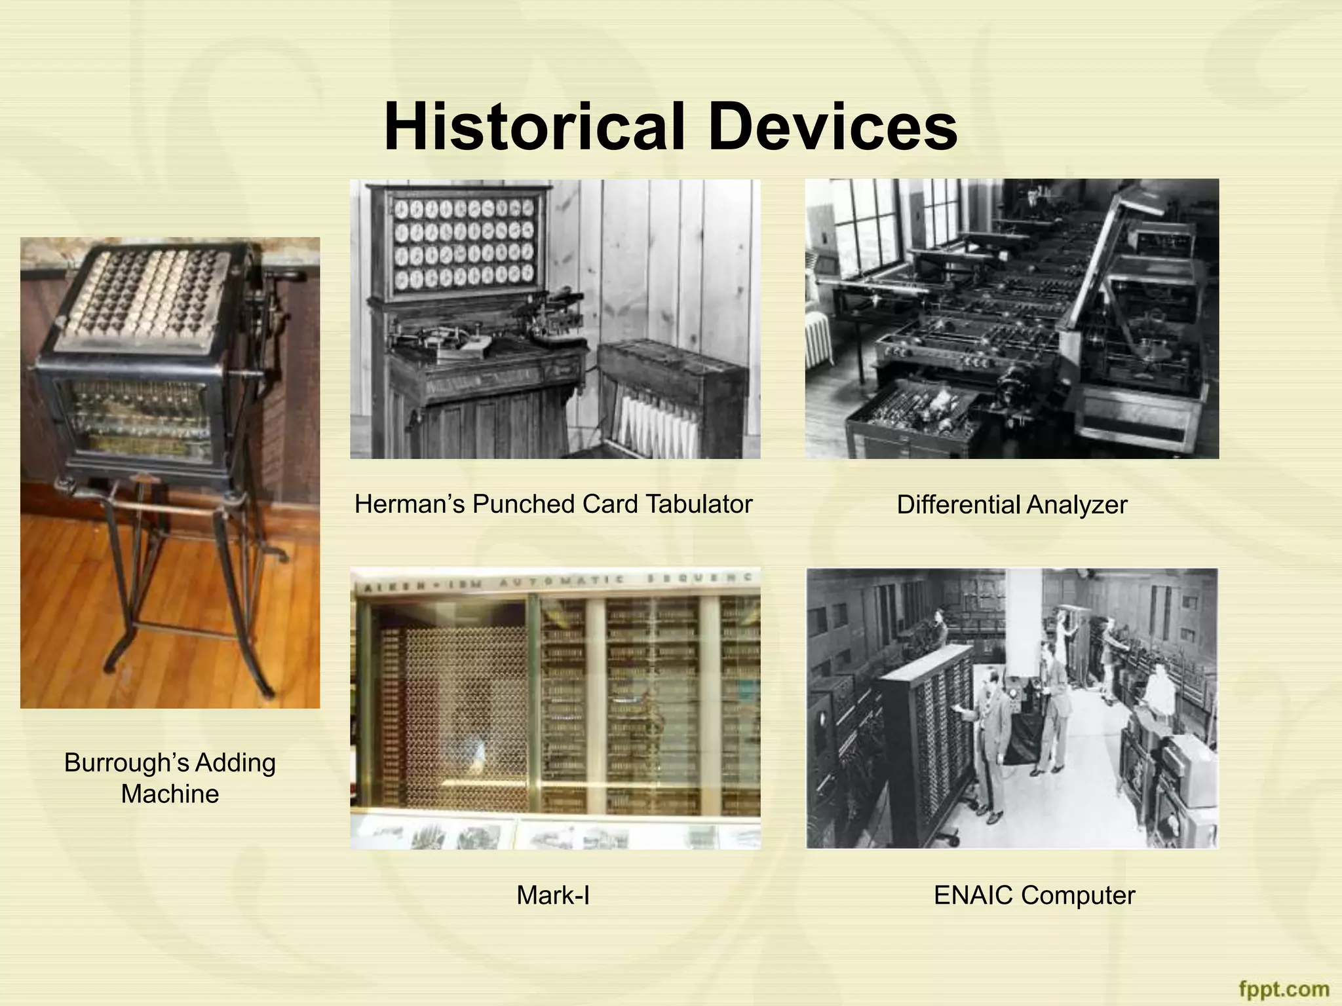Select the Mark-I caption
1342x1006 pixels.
(552, 895)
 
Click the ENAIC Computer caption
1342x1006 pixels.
(1033, 895)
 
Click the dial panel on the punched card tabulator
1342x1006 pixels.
(464, 246)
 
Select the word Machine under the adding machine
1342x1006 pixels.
(170, 794)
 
